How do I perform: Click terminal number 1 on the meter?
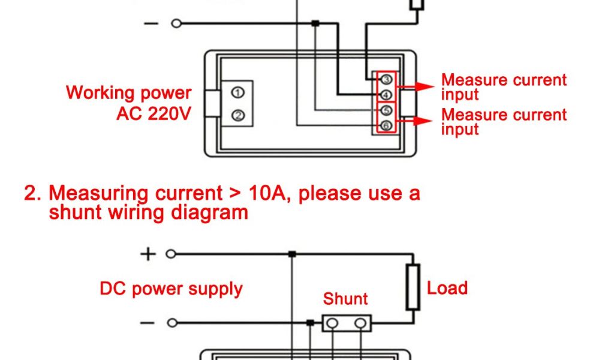pos(238,93)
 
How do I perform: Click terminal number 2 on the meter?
pos(238,115)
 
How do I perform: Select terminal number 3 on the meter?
pos(386,80)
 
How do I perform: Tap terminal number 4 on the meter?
pos(386,95)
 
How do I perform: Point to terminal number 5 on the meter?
pos(386,110)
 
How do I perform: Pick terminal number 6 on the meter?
pos(386,125)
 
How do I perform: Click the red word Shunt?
pos(345,299)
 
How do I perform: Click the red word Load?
pos(447,288)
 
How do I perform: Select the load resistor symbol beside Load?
pos(413,287)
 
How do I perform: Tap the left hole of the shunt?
pos(333,323)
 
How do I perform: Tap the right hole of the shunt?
pos(360,323)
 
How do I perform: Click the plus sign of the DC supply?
pos(148,254)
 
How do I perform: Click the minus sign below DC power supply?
pos(148,323)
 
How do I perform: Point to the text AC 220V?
pos(153,113)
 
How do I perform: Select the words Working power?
pos(128,93)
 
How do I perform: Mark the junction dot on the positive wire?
pos(291,254)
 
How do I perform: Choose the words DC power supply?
pos(171,289)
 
